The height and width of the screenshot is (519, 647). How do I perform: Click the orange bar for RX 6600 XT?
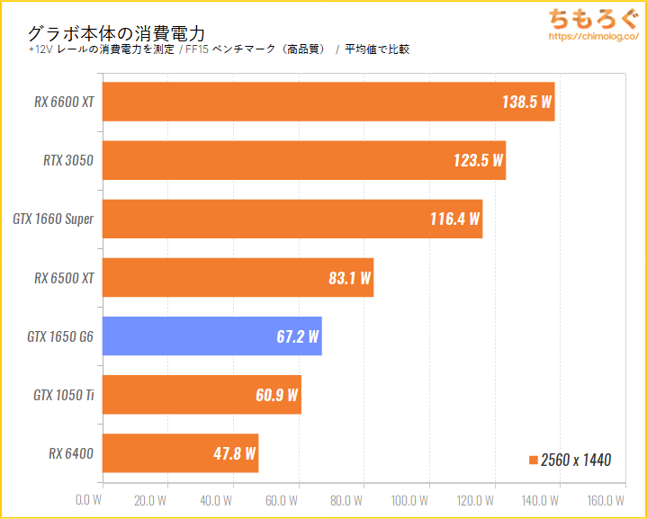pos(328,102)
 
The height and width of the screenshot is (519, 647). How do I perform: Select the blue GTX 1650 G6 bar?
pos(211,336)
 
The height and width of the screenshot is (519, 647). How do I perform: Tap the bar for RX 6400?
pos(180,453)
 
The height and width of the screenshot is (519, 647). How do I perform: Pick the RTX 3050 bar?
pos(304,161)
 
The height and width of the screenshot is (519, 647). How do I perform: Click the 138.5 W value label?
pos(526,102)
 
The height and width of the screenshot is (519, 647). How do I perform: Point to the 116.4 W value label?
pos(454,219)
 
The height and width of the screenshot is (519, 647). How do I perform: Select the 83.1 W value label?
pos(349,278)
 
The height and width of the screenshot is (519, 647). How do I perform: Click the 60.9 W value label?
pos(277,395)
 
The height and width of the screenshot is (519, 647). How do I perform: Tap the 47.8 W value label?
pos(234,453)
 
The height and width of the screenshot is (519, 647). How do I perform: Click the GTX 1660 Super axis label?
pos(53,219)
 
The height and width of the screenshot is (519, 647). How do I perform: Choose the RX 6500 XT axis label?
pos(64,278)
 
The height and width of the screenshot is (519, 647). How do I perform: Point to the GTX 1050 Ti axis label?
pos(63,395)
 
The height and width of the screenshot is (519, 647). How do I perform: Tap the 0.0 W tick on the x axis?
pos(89,500)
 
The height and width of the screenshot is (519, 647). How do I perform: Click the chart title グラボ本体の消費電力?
pos(117,32)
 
